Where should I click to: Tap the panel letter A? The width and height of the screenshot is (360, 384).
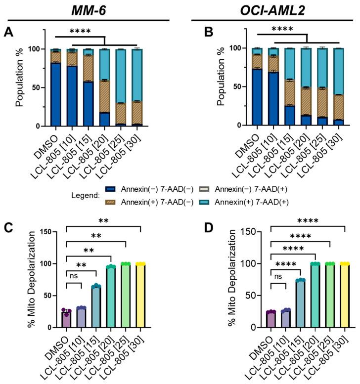[x=9, y=33]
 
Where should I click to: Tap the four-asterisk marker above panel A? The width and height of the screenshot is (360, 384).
[x=80, y=32]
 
